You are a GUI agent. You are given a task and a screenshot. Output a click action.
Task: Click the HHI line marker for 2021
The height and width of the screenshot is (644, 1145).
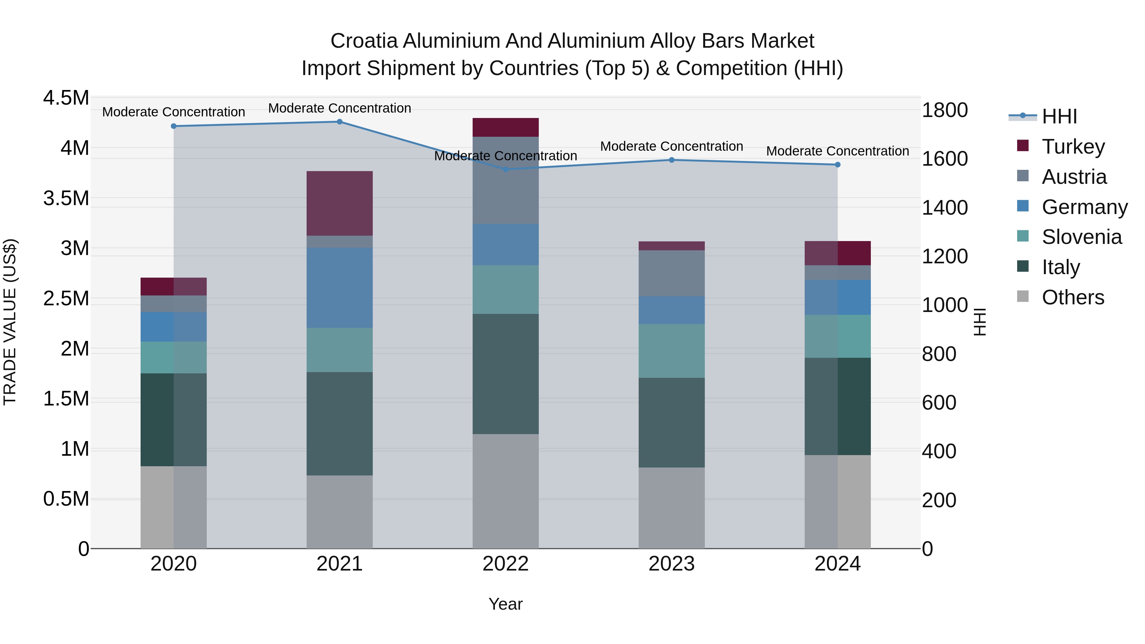(340, 122)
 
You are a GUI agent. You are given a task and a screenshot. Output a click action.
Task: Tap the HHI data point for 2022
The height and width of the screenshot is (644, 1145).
(505, 169)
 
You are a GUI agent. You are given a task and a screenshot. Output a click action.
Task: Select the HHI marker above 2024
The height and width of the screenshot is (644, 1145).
(837, 165)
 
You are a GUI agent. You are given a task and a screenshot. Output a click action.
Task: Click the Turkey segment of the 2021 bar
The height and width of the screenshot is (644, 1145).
(340, 203)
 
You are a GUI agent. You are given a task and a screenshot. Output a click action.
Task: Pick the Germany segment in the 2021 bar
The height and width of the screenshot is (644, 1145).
(340, 287)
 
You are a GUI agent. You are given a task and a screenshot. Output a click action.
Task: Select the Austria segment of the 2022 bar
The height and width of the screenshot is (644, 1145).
(505, 180)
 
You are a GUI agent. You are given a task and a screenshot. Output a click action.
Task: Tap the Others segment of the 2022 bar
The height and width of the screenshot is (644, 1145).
(505, 491)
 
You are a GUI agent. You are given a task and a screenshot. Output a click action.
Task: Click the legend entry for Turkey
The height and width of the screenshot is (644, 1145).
(1073, 147)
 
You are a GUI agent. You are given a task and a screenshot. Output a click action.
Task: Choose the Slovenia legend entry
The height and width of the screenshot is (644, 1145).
(1081, 237)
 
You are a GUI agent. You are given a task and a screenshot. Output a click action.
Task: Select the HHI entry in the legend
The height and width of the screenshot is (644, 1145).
(1059, 116)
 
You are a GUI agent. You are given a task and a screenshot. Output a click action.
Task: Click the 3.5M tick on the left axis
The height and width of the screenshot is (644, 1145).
(66, 198)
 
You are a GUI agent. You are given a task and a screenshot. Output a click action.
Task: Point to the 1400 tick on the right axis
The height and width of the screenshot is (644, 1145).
(945, 208)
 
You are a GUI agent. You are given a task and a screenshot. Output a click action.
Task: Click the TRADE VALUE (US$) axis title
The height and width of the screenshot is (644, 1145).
(10, 322)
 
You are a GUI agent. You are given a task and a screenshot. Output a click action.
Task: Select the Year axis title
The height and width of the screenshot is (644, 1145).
(505, 604)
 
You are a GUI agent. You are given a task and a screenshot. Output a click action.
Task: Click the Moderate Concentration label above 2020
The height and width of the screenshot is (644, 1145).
(173, 112)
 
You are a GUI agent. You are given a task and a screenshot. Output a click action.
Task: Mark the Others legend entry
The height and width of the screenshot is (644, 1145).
(1072, 297)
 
